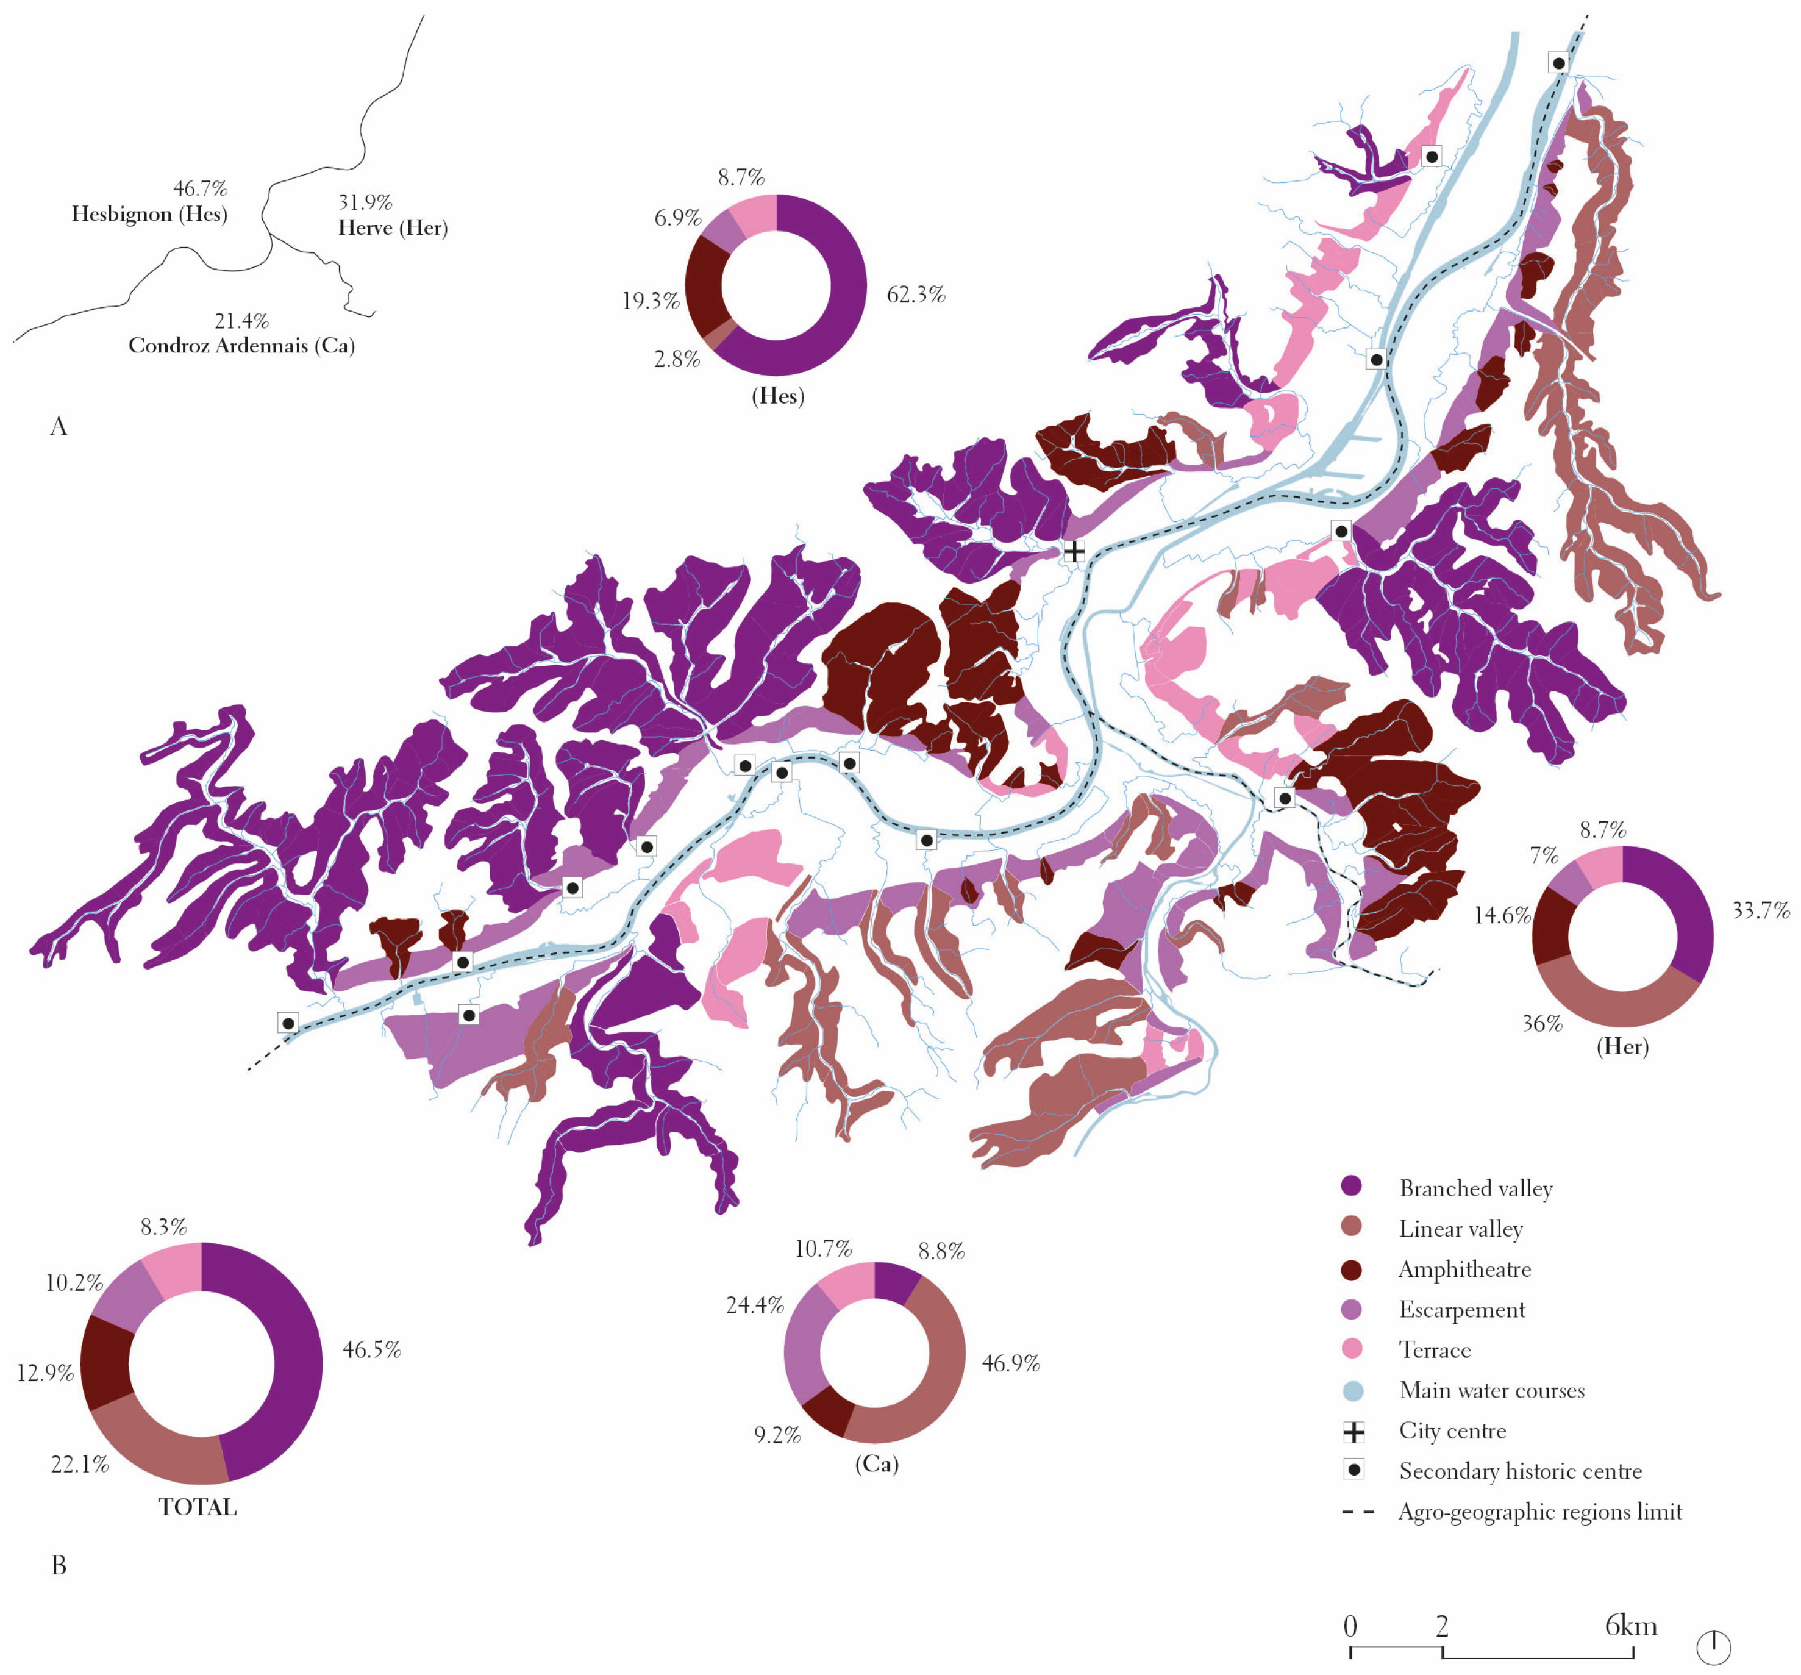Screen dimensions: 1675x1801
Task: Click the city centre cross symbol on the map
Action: [1074, 551]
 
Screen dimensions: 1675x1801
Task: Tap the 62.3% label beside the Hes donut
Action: [915, 295]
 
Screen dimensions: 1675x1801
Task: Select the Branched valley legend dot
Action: [1352, 1187]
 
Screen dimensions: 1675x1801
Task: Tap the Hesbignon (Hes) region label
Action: [149, 214]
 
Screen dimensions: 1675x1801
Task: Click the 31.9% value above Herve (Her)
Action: [365, 201]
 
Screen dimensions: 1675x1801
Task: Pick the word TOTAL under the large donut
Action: [198, 1507]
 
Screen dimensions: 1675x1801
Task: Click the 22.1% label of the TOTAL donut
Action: [80, 1464]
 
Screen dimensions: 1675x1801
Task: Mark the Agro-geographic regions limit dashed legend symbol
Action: [1358, 1512]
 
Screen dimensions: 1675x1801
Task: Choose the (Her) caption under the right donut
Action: [1622, 1046]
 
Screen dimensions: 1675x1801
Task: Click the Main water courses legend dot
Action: [1352, 1391]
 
